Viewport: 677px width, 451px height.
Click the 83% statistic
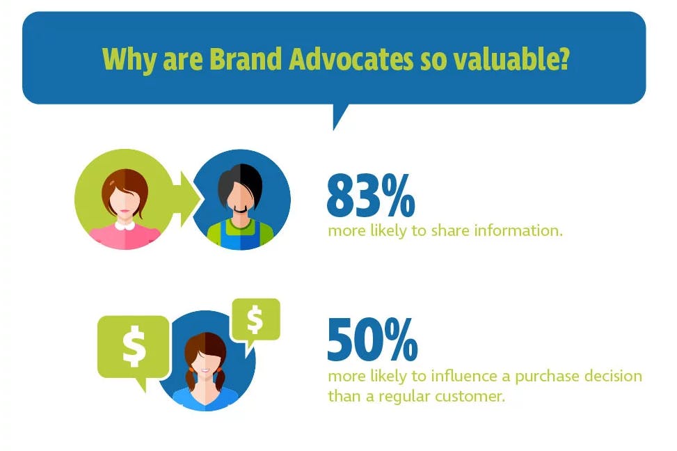(x=370, y=195)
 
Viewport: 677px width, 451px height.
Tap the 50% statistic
(x=372, y=340)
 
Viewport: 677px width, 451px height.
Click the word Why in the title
(x=129, y=60)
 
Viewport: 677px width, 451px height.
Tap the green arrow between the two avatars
(x=186, y=199)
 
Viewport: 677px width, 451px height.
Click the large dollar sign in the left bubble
(x=134, y=346)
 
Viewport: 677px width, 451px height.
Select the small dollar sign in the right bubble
(x=255, y=319)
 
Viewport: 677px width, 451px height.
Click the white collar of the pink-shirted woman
(x=125, y=225)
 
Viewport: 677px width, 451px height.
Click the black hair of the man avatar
(x=240, y=180)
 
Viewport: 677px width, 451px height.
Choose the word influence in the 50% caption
(x=464, y=376)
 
